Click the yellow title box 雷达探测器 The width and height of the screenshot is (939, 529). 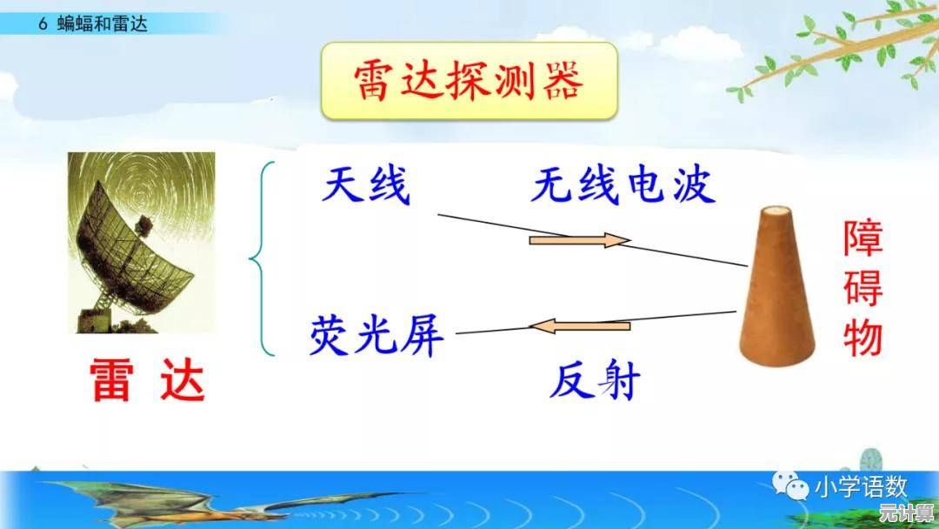click(x=469, y=81)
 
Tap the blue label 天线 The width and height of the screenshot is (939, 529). click(x=366, y=185)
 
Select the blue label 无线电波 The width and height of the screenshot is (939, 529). click(x=623, y=184)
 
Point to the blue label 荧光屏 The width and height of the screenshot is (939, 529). click(x=376, y=335)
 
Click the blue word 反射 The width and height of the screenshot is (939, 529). click(x=595, y=380)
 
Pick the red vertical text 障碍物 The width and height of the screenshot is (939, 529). click(x=863, y=288)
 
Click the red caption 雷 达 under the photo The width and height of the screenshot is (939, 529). click(x=148, y=380)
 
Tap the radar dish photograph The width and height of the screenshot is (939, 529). click(x=142, y=243)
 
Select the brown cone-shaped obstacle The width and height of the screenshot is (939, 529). click(x=776, y=285)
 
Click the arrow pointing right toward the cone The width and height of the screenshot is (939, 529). click(x=580, y=240)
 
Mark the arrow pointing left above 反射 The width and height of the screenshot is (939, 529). click(x=580, y=326)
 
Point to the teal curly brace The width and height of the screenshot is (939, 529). click(x=262, y=258)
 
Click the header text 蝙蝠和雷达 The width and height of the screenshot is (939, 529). click(x=102, y=24)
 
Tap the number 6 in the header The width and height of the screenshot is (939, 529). click(x=43, y=24)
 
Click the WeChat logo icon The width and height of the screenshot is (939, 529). click(x=789, y=485)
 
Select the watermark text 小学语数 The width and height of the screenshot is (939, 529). click(x=861, y=487)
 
